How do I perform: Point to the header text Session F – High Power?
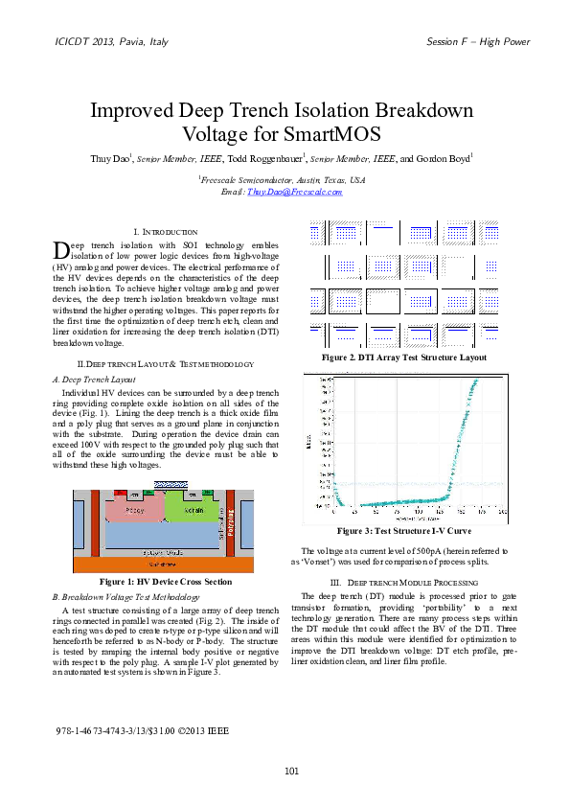477,42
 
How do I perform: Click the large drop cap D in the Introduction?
60,250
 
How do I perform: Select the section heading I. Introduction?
165,232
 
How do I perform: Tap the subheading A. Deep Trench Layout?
95,379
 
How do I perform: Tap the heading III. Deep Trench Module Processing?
403,582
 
